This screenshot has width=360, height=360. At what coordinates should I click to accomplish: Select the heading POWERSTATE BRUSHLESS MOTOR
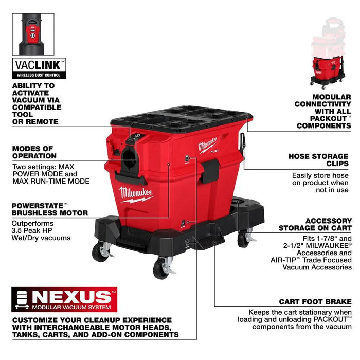click(49, 208)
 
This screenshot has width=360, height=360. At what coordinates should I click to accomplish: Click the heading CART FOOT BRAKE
click(315, 301)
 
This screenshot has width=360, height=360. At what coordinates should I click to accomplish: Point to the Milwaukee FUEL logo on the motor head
click(208, 146)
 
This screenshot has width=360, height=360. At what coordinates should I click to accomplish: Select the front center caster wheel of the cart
click(162, 267)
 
